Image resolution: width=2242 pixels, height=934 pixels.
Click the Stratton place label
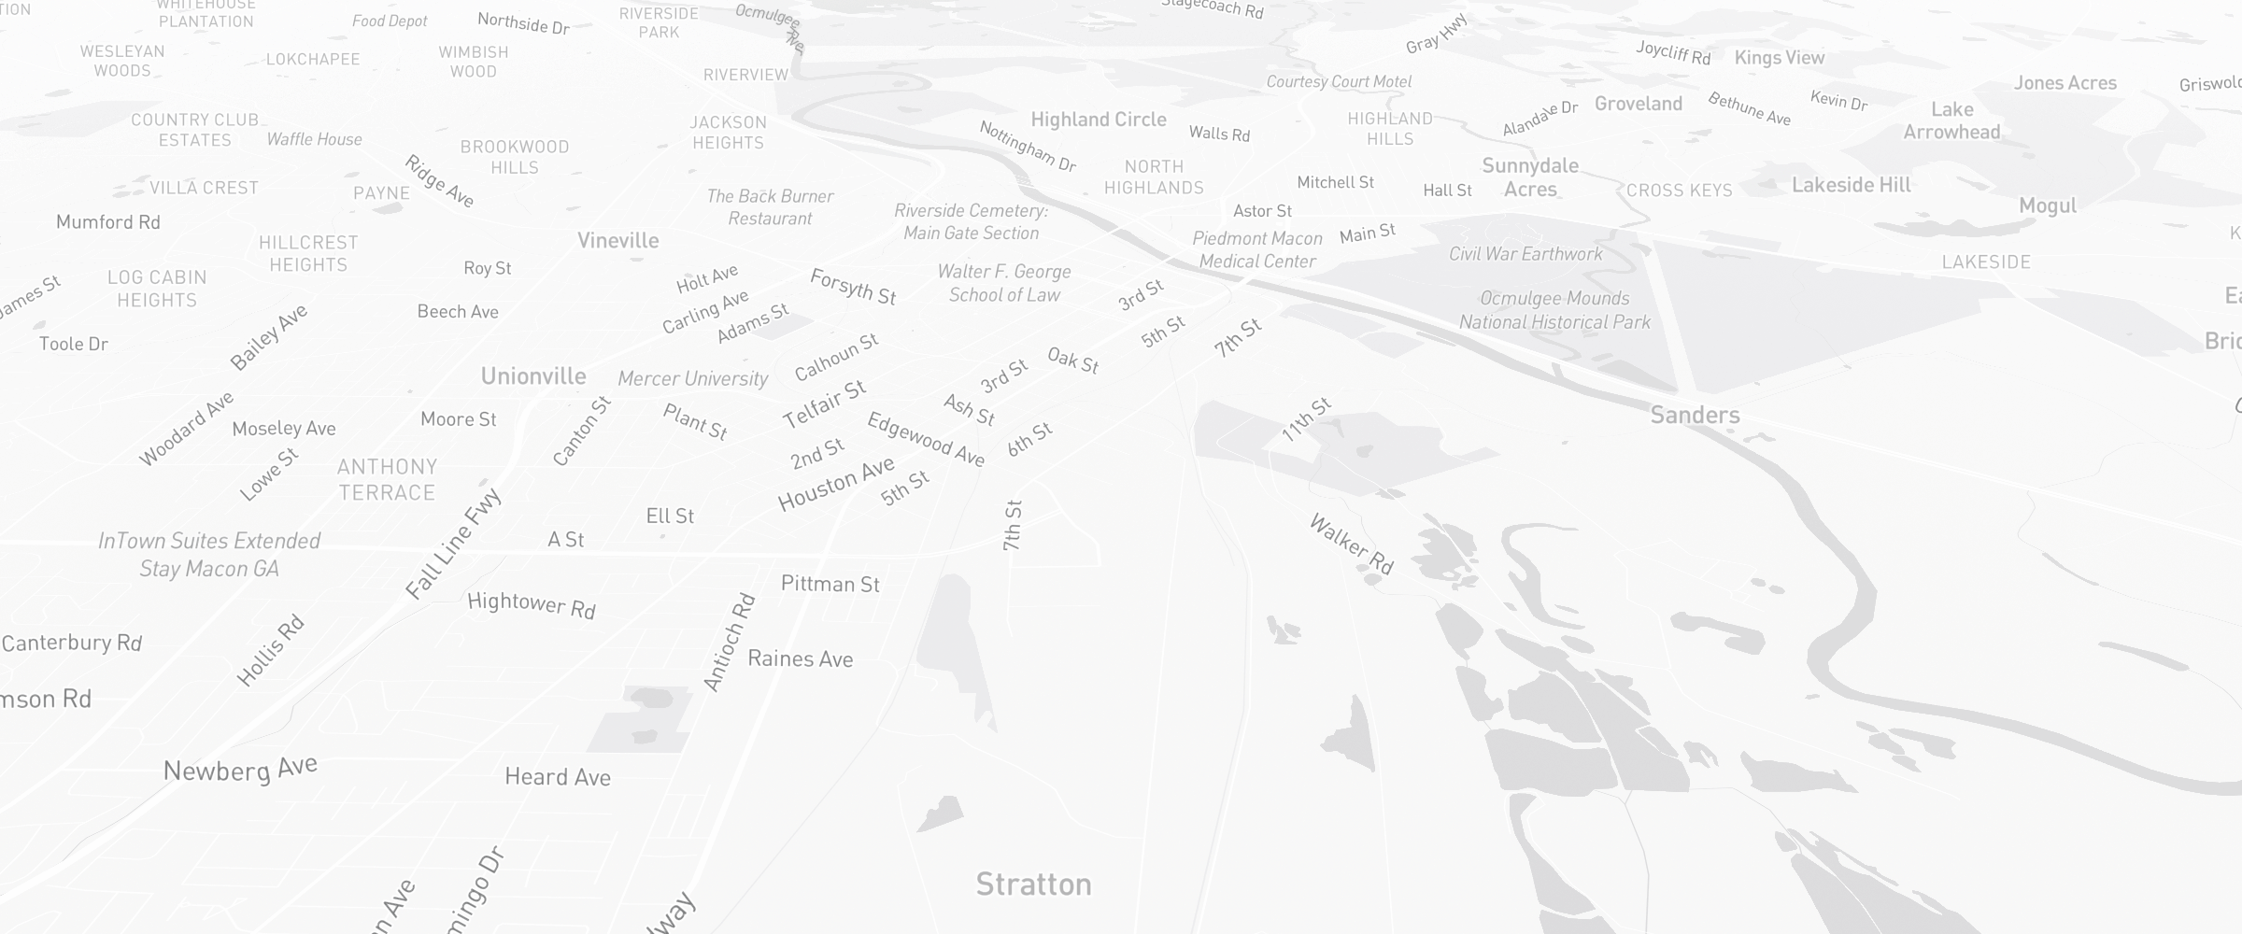pos(1033,884)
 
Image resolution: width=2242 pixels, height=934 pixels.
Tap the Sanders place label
pos(1695,415)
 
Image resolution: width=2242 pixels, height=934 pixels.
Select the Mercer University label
pos(692,378)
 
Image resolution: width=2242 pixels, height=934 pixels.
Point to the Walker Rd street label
pos(1351,544)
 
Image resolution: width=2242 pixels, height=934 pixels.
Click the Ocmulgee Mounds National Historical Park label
pos(1554,310)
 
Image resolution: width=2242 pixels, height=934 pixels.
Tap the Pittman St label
pos(830,584)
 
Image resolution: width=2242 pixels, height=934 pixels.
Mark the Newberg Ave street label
pos(240,769)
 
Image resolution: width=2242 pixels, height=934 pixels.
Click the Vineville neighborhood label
pos(617,240)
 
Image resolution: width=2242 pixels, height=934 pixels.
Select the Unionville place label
pos(533,375)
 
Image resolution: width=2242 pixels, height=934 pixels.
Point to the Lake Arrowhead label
pos(1951,120)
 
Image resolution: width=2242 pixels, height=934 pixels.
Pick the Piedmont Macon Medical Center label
pos(1257,249)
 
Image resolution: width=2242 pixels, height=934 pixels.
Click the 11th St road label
pos(1306,419)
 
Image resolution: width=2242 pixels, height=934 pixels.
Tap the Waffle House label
pos(314,139)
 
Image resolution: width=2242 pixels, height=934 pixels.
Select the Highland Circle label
pos(1099,119)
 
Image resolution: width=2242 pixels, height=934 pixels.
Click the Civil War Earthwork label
pos(1525,253)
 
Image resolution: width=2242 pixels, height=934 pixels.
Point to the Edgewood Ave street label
pos(926,438)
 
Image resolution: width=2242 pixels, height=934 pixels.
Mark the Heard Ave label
pos(557,776)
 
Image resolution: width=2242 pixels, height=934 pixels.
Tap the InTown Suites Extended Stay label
pos(209,554)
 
